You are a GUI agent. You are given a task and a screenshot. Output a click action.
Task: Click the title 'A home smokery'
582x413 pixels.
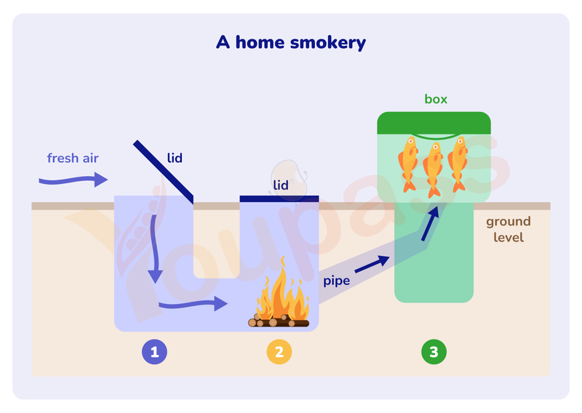[290, 42]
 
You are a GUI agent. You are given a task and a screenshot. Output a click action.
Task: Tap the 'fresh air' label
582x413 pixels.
[73, 158]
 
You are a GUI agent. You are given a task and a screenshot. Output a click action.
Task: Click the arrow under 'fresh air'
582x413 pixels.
[73, 179]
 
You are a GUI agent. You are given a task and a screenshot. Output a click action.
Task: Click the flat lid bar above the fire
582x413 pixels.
[279, 198]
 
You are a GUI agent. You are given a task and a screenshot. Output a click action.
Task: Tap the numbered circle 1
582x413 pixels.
[154, 353]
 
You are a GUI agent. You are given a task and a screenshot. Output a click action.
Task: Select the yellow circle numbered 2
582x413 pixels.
[279, 353]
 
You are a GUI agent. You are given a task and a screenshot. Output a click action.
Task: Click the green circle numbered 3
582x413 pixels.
[434, 353]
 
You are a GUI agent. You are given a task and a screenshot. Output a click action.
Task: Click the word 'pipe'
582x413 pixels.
[336, 280]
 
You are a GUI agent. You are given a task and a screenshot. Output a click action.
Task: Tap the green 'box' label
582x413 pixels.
[436, 99]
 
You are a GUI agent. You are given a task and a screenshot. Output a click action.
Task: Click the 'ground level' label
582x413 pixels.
[509, 229]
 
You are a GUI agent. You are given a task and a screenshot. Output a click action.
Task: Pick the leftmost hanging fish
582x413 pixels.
[408, 164]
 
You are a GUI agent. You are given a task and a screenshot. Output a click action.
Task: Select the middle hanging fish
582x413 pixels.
[434, 169]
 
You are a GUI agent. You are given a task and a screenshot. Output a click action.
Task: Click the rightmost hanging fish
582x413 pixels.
[458, 164]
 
